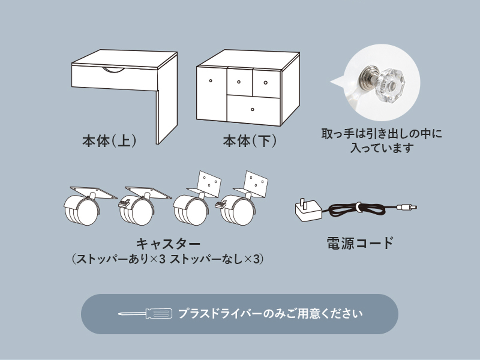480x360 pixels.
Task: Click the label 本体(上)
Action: pos(109,141)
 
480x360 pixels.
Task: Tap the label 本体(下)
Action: pos(250,141)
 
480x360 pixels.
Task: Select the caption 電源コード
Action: pos(360,243)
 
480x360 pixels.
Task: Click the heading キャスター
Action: pos(168,244)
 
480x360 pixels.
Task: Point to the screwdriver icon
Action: pos(145,314)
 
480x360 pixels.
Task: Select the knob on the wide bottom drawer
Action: pos(252,109)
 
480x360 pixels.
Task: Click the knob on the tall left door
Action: pos(210,81)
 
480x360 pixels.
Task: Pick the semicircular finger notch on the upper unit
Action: pos(114,70)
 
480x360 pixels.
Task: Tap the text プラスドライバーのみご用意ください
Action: pos(270,314)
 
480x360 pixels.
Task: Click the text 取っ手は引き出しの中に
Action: pos(382,134)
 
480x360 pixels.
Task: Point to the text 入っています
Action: pos(382,148)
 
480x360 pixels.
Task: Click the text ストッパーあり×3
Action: pos(120,260)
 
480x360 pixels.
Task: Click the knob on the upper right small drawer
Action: pos(266,83)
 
